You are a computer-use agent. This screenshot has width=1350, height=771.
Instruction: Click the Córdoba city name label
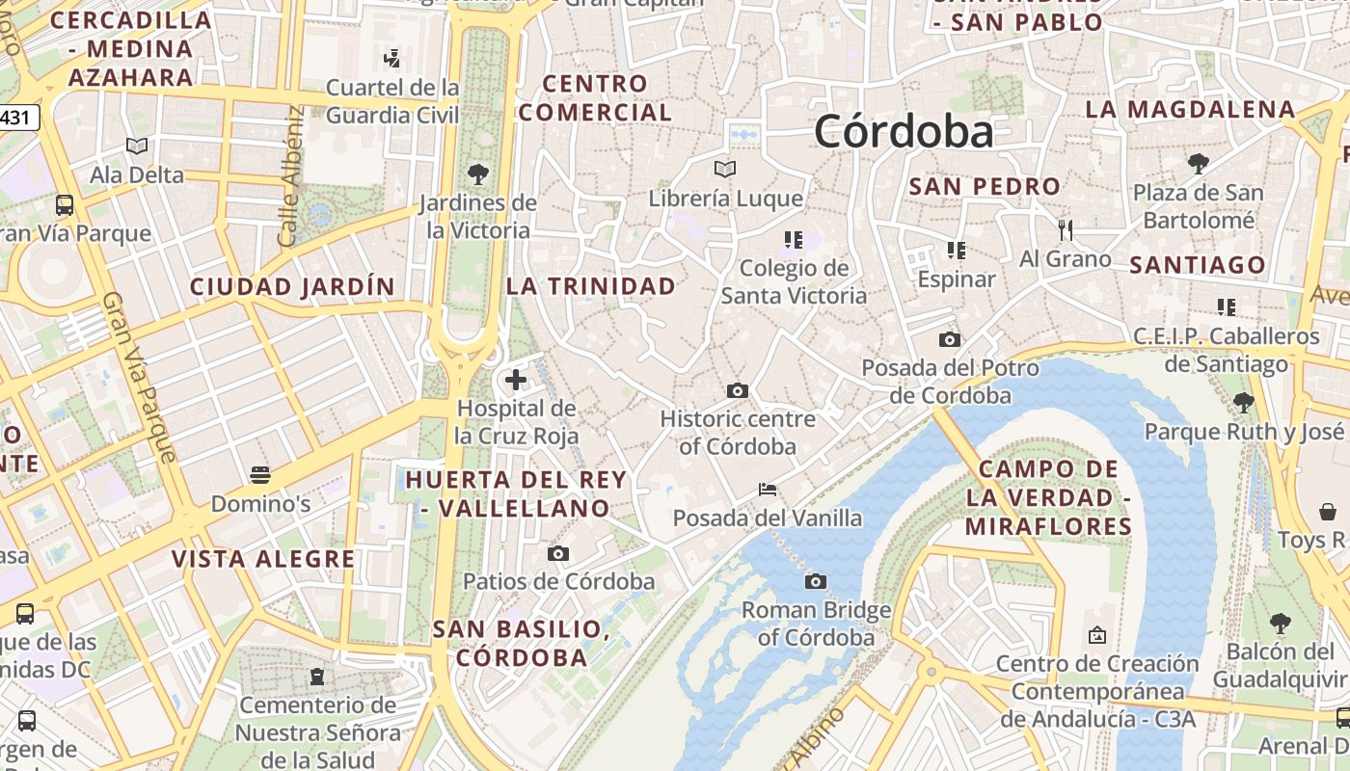coord(904,131)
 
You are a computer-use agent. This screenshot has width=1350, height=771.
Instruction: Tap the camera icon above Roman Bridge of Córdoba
coord(816,581)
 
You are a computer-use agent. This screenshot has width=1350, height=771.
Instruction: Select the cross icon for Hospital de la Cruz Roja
coord(516,380)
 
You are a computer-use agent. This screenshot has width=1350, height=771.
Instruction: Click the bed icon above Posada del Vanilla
coord(768,490)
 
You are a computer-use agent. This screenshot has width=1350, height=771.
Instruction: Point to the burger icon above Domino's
coord(260,474)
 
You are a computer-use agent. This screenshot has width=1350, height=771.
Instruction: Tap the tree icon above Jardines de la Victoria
coord(477,174)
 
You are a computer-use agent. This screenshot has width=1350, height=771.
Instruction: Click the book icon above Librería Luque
coord(725,170)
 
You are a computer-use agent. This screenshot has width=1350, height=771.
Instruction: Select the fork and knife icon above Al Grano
coord(1066,229)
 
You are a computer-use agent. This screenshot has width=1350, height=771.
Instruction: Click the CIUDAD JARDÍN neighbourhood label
coord(292,286)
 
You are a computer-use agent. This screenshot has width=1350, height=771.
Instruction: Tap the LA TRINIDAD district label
coord(591,286)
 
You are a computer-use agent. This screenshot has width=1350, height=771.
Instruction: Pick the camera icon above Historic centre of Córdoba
coord(738,390)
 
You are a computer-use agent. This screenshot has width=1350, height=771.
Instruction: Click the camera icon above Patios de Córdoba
coord(558,553)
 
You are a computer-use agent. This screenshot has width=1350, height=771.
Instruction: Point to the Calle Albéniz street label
coord(290,176)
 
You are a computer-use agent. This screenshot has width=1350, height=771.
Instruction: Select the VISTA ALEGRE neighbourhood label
coord(263,559)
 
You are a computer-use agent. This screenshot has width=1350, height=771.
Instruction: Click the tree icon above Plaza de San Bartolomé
coord(1198,164)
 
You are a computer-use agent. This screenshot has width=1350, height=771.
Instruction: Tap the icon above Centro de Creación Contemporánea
coord(1096,635)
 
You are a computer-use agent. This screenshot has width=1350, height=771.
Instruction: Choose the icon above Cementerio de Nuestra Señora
coord(317,677)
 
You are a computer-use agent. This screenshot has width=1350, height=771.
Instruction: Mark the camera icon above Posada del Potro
coord(950,339)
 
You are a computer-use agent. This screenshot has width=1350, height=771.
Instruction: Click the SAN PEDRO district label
coord(985,187)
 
